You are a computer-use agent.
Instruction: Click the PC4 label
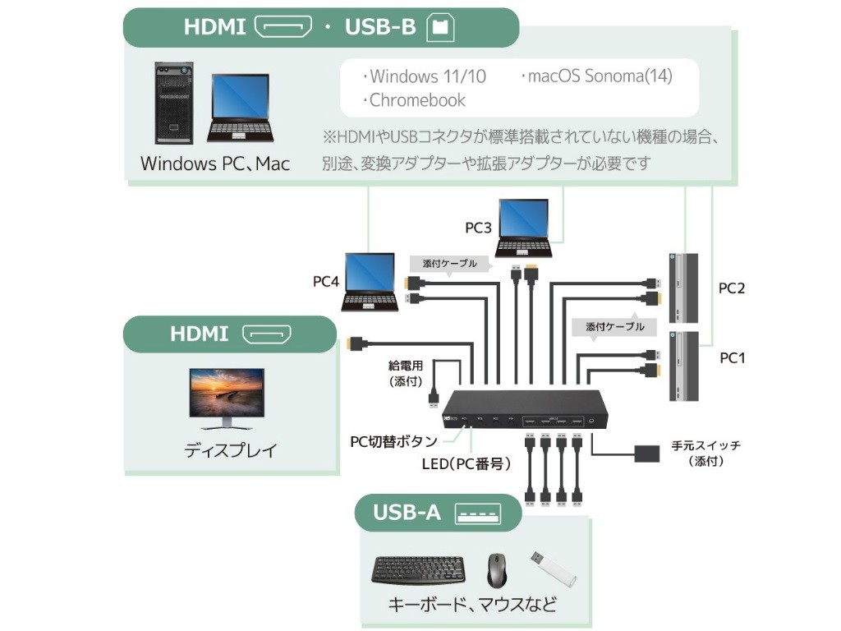click(325, 282)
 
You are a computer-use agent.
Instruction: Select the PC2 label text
click(731, 288)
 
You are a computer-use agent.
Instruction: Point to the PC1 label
click(731, 358)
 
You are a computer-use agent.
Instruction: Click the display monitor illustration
click(227, 398)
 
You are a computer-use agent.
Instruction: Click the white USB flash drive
click(553, 569)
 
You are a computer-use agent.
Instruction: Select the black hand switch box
click(649, 453)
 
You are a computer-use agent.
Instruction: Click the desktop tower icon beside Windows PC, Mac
click(174, 103)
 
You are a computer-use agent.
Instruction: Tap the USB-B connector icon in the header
click(440, 27)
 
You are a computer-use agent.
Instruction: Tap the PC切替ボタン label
click(393, 442)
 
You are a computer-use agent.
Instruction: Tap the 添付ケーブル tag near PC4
click(449, 264)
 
